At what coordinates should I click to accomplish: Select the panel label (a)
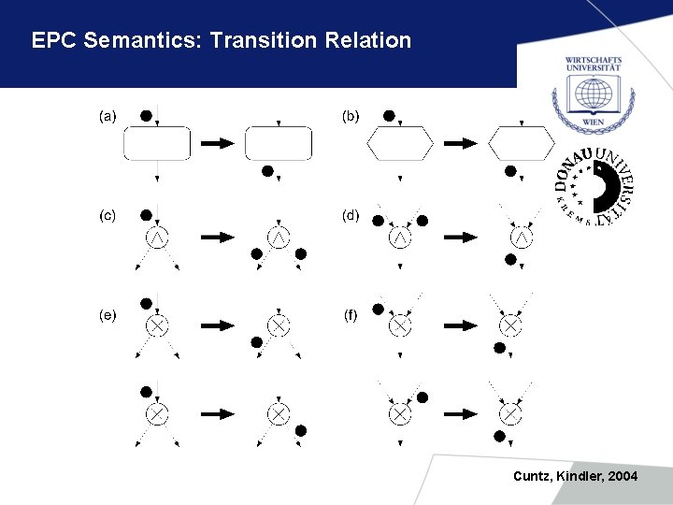coord(108,117)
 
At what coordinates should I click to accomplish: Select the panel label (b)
coord(350,117)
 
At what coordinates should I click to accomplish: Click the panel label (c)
coord(108,215)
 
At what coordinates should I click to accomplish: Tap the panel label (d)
coord(350,215)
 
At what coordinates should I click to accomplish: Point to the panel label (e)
coord(108,314)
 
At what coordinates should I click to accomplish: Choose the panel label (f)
coord(350,314)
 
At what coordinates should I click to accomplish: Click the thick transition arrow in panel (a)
coord(217,143)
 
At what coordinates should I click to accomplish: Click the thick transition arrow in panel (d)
coord(459,238)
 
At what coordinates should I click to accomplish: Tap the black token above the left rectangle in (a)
coord(146,115)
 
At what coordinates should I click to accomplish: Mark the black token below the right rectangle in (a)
coord(267,171)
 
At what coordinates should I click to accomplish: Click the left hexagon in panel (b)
coord(400,144)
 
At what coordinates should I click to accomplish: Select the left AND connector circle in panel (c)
coord(158,238)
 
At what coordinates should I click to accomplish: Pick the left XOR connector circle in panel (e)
coord(157,325)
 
